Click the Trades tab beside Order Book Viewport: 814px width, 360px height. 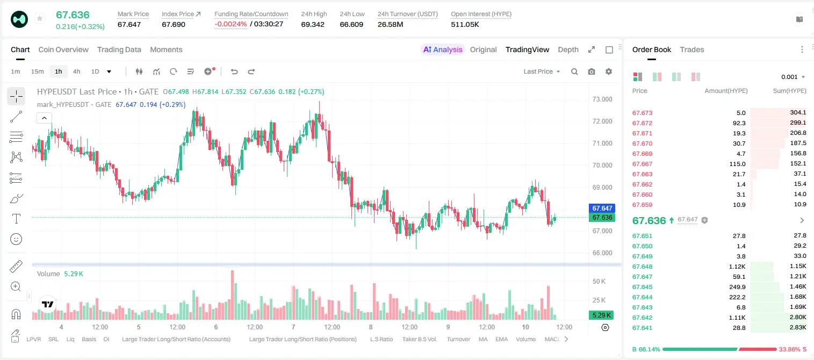point(692,49)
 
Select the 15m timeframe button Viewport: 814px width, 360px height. point(37,71)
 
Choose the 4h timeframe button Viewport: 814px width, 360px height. point(76,71)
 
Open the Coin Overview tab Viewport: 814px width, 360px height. point(63,49)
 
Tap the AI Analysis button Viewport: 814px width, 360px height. point(443,49)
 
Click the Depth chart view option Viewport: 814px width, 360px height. point(568,49)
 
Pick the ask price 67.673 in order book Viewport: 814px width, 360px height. point(642,113)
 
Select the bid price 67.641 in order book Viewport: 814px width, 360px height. point(642,328)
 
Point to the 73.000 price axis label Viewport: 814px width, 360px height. point(602,99)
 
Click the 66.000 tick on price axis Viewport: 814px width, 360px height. point(602,253)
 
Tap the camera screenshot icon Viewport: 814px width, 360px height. point(592,71)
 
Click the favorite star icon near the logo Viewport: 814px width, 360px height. point(40,18)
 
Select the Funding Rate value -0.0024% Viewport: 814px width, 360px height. point(230,24)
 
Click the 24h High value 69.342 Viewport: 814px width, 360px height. point(313,24)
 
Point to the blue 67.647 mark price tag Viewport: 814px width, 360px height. point(602,208)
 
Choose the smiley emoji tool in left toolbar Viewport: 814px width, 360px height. point(16,239)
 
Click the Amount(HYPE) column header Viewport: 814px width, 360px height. point(726,91)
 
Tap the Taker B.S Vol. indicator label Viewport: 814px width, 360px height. point(419,339)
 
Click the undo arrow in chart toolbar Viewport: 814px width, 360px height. point(234,71)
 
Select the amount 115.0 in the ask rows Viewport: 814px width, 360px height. point(737,164)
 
